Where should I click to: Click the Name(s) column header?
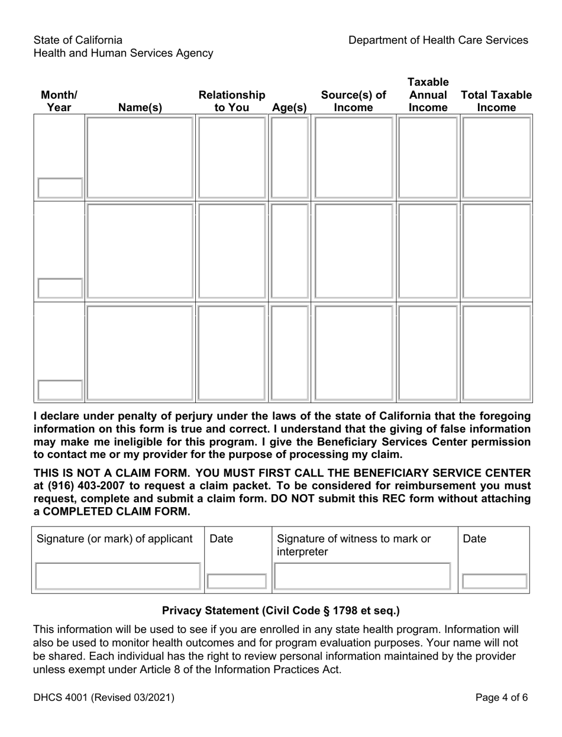(x=140, y=108)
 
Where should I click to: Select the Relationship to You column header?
(x=231, y=101)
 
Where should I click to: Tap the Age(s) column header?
(x=289, y=108)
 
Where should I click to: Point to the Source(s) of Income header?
(x=353, y=101)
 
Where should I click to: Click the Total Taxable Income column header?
(x=496, y=101)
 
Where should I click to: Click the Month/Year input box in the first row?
(x=60, y=188)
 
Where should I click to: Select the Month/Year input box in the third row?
(x=60, y=390)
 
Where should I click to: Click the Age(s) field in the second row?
(x=289, y=251)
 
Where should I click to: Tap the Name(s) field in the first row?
(x=140, y=157)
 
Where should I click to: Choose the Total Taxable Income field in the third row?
(x=496, y=352)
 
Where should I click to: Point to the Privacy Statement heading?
(x=280, y=611)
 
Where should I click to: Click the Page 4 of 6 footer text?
(x=502, y=697)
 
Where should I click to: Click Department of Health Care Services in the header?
(x=438, y=40)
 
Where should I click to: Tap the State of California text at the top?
(x=78, y=40)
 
